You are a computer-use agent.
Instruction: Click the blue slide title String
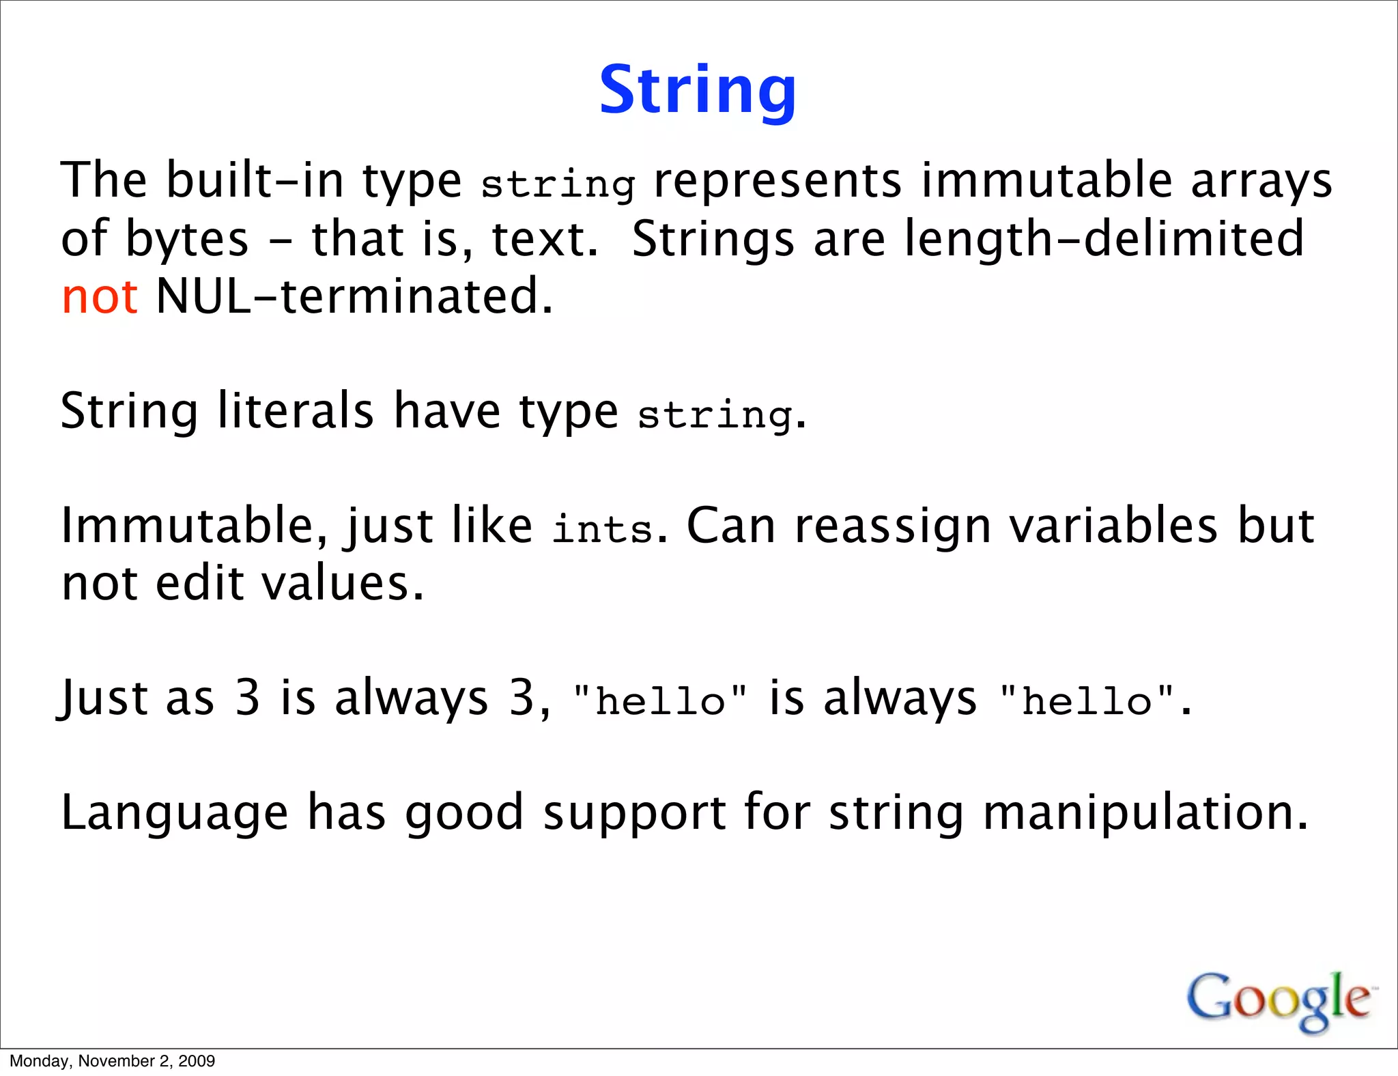tap(698, 90)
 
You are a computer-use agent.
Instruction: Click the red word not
tap(100, 298)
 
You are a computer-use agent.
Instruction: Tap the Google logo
tap(1279, 1000)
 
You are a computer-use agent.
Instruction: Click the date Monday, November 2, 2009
tap(113, 1061)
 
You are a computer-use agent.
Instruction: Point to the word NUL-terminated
tap(354, 298)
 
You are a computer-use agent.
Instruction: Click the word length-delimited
tap(1104, 239)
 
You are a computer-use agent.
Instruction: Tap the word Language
tap(175, 814)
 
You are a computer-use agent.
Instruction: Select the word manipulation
tap(1145, 814)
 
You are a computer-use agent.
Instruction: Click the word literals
tap(296, 411)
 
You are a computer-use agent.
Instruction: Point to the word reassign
tap(892, 527)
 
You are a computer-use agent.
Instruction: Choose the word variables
tap(1113, 527)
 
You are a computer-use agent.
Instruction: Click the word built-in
tap(255, 181)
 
